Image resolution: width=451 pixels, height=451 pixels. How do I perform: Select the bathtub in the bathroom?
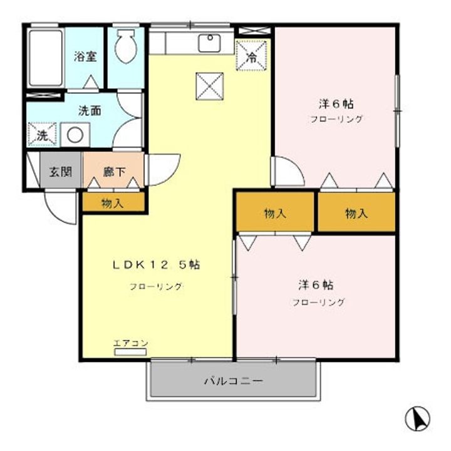pos(45,58)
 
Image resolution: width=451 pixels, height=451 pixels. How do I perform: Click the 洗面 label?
pos(90,110)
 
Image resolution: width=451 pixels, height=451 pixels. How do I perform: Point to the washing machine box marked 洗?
pos(42,134)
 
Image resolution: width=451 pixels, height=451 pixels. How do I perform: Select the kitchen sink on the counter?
pos(209,43)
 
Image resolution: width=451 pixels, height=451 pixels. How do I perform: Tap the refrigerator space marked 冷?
pos(252,56)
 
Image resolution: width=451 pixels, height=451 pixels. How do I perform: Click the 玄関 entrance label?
pos(61,171)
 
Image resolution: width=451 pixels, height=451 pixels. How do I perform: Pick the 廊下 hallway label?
pos(113,170)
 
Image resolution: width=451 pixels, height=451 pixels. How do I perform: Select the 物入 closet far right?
pos(356,213)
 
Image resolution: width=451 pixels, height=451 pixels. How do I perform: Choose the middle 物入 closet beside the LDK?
pos(275,213)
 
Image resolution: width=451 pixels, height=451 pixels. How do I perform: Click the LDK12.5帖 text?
pos(156,264)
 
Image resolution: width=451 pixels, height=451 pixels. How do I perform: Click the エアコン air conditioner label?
pos(130,343)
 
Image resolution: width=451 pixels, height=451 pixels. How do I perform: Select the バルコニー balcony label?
pos(232,380)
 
